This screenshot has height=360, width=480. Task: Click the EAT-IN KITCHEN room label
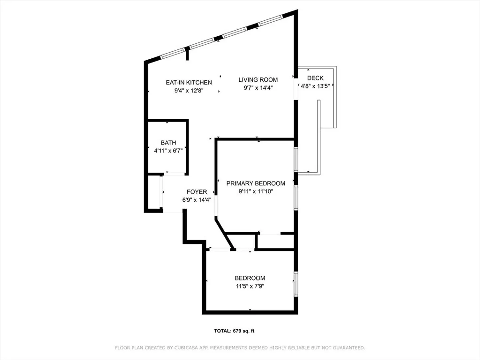point(189,82)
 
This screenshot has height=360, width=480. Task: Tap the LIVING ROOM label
point(258,80)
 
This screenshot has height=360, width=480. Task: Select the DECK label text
point(315,78)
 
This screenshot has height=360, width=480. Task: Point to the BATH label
point(168,143)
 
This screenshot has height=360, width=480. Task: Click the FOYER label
point(197,192)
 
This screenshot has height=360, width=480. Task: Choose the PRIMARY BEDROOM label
point(256,183)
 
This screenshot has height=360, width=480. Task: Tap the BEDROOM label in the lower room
point(250,278)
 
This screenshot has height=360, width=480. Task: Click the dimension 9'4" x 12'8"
point(189,90)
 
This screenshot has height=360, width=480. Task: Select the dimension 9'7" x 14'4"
point(258,88)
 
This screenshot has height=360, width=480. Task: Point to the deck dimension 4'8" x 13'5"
point(315,86)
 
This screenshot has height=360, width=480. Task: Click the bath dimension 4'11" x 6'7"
point(168,151)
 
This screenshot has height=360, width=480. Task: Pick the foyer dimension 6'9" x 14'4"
point(197,200)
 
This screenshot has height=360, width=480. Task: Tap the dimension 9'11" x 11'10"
point(256,191)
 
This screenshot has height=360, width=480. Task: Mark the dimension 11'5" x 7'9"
point(250,286)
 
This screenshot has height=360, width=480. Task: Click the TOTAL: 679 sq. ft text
point(234,331)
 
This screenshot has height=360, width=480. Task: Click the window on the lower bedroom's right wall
point(296,284)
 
